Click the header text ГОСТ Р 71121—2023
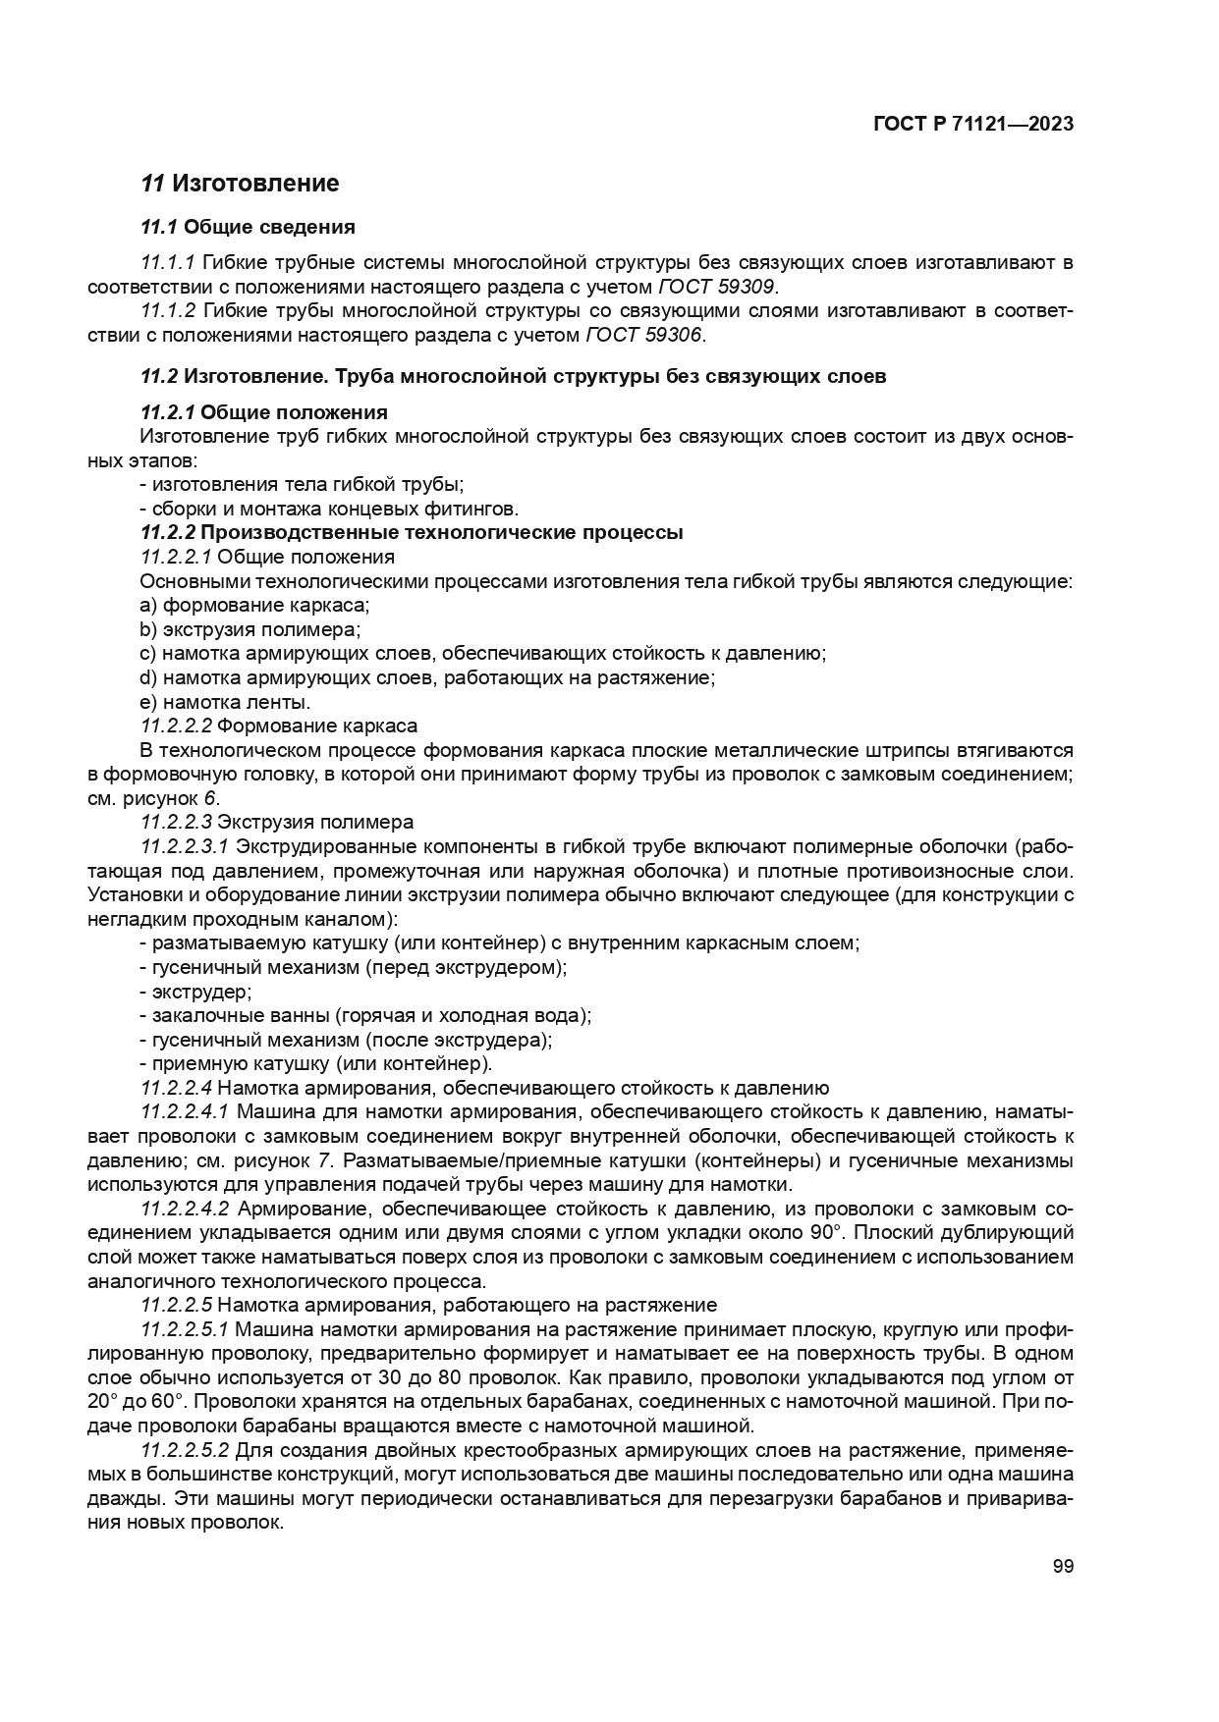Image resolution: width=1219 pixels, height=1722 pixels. click(x=971, y=125)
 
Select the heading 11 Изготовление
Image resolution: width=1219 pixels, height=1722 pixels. click(x=240, y=184)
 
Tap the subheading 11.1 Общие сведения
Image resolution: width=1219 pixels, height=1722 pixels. click(x=248, y=228)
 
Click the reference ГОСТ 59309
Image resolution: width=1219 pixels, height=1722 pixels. click(x=717, y=287)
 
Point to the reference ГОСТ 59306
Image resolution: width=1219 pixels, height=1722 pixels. click(x=645, y=335)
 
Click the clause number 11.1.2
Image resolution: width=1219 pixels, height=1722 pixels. click(x=169, y=311)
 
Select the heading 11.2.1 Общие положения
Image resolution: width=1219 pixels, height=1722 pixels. click(x=264, y=411)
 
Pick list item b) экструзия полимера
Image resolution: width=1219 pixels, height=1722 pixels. click(x=251, y=629)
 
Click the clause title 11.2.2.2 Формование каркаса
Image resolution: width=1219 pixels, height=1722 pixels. click(x=279, y=726)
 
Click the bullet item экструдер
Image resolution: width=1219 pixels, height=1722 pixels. click(x=196, y=992)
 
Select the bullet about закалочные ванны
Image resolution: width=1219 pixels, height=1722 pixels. click(x=365, y=1015)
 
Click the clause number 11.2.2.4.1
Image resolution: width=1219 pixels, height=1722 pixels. click(x=186, y=1112)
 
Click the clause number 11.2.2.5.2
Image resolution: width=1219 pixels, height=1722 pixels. click(x=186, y=1450)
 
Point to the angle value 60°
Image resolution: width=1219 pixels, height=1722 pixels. click(x=175, y=1402)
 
